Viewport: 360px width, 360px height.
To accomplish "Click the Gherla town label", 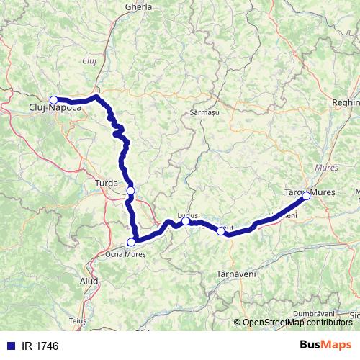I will click(139, 6).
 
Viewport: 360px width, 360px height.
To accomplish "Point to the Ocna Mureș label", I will click(125, 253).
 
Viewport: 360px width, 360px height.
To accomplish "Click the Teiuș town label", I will click(78, 319).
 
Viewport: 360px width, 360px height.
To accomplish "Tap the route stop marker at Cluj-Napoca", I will click(53, 100).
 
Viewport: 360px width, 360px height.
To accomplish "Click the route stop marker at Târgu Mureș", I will click(306, 196).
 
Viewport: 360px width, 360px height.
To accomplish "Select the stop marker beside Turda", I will click(130, 190).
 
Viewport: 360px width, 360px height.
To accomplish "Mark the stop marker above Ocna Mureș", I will click(131, 243).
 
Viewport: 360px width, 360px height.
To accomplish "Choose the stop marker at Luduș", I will click(186, 222).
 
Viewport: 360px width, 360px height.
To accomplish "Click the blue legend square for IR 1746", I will click(11, 346).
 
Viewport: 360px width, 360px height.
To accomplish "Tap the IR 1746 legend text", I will click(40, 346).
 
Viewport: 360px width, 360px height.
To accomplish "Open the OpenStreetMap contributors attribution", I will click(297, 323).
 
